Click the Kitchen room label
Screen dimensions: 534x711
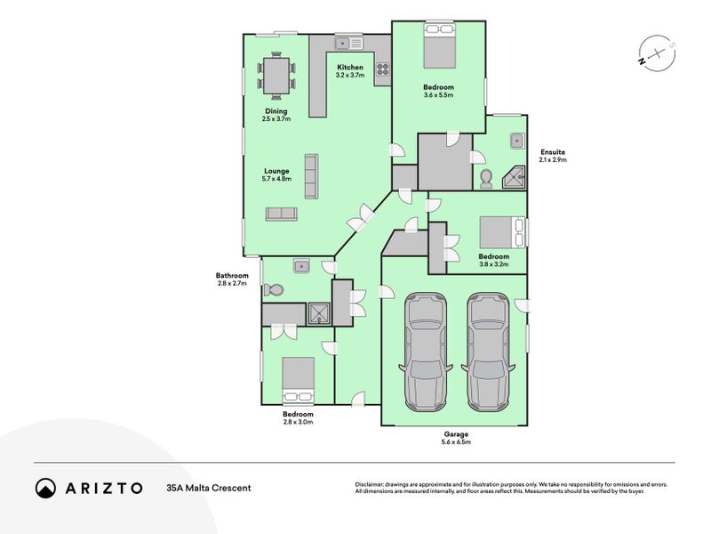point(349,68)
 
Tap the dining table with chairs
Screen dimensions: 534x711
point(276,76)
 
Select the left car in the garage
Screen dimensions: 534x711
point(425,352)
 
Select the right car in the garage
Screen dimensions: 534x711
point(487,352)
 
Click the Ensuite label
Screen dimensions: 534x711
point(552,152)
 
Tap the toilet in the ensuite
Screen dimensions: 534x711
point(486,179)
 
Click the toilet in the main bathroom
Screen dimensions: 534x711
point(275,290)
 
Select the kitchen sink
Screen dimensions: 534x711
point(349,43)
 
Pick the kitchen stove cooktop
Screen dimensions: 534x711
point(383,70)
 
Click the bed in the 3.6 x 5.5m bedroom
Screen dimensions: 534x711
point(440,48)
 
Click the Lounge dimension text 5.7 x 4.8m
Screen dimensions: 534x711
point(276,179)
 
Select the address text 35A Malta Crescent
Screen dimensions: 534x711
point(208,488)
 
